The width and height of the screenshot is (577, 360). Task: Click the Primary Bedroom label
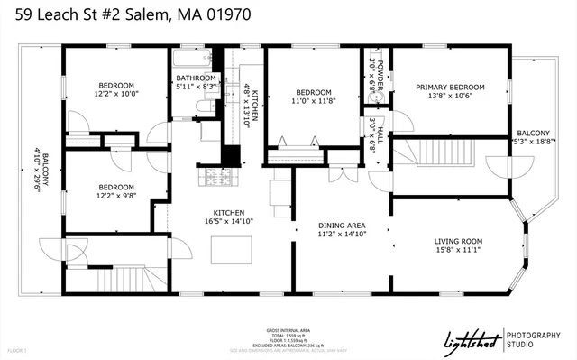(x=450, y=88)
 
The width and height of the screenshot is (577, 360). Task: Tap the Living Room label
(x=459, y=242)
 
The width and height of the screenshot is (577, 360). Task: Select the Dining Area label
(x=342, y=225)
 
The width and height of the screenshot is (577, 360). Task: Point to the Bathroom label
(x=196, y=78)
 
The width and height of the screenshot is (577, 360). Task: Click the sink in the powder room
(x=380, y=92)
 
